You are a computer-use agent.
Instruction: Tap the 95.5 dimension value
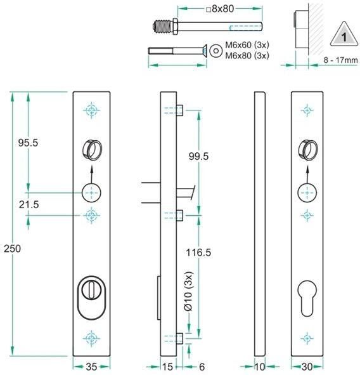click(x=28, y=143)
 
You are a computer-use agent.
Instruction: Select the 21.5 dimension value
click(x=28, y=204)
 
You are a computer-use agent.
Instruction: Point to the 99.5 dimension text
click(x=199, y=156)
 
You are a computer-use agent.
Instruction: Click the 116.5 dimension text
click(x=198, y=252)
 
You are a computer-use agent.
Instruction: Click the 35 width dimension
click(x=92, y=366)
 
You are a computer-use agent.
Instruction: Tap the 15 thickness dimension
click(x=168, y=366)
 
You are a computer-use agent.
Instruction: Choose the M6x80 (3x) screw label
click(x=248, y=56)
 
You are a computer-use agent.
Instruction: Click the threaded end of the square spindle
click(x=164, y=27)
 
